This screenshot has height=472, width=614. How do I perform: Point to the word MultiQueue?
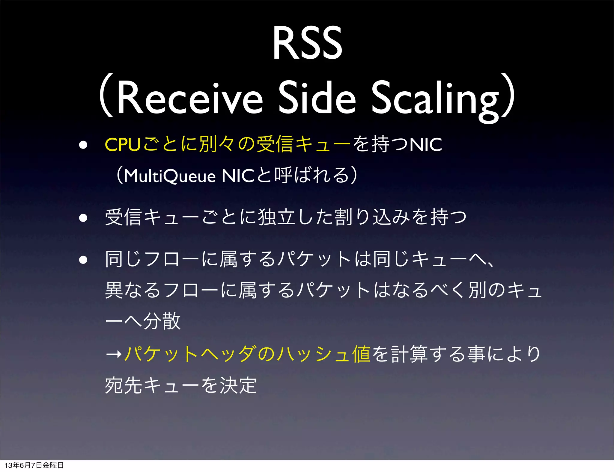(x=170, y=176)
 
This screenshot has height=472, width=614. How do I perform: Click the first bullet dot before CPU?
(x=83, y=145)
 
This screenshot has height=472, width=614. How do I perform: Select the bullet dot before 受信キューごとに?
(x=83, y=217)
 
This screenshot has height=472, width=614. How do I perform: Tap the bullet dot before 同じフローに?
(x=83, y=260)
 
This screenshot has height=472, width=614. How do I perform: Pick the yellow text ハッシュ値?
(x=324, y=354)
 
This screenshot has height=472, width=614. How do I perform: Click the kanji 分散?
(x=162, y=321)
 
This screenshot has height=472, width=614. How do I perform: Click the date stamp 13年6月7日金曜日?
(x=34, y=465)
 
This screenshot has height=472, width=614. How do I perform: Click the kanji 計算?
(x=409, y=354)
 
